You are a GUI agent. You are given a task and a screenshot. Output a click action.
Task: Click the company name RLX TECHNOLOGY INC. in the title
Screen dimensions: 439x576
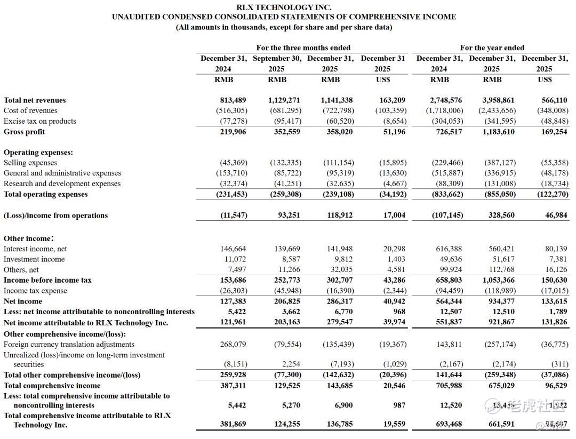click(x=284, y=7)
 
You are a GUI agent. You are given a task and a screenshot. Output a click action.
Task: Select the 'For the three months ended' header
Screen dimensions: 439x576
click(x=303, y=48)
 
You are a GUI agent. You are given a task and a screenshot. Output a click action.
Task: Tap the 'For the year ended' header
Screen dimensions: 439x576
click(x=492, y=48)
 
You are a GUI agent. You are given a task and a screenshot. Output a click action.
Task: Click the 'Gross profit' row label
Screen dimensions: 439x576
click(x=24, y=132)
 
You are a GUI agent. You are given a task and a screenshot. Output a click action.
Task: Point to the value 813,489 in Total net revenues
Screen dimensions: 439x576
click(x=233, y=100)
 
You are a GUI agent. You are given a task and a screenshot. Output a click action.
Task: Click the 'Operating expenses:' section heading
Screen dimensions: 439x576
click(x=38, y=152)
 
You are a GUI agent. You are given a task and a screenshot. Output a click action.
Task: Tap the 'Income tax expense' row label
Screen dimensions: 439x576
click(x=35, y=291)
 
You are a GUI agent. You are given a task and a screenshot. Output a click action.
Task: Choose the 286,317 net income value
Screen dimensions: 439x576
click(x=337, y=301)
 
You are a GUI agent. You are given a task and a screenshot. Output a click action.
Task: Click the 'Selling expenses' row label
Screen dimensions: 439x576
click(x=30, y=163)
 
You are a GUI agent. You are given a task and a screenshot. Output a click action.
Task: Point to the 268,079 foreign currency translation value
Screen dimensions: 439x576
click(x=233, y=345)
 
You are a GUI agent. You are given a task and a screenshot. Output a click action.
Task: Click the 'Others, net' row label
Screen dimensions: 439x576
click(x=21, y=270)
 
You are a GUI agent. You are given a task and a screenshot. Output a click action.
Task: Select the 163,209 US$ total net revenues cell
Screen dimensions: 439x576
click(x=392, y=100)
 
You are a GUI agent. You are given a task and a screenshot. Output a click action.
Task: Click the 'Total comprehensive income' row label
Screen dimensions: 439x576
click(x=52, y=386)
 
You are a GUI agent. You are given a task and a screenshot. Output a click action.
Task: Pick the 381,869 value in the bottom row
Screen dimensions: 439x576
click(x=233, y=425)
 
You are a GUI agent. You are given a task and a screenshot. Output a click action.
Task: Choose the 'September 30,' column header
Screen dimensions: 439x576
click(x=277, y=59)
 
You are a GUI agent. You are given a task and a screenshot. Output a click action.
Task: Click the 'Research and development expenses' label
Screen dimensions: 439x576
click(x=62, y=183)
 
